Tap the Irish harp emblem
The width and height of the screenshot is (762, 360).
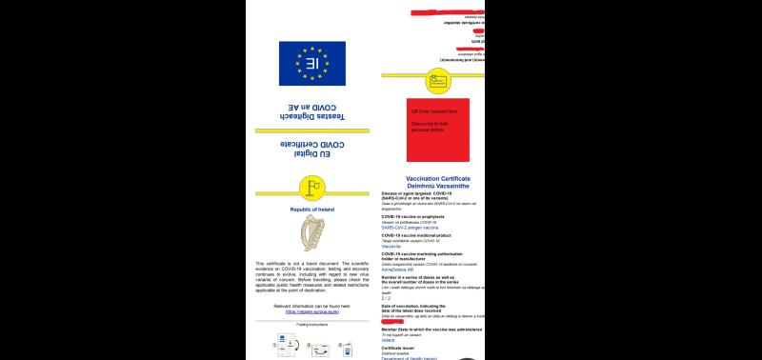[312, 233]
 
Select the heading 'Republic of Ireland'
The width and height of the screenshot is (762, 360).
[312, 208]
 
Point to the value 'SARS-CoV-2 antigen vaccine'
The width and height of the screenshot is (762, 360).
[410, 229]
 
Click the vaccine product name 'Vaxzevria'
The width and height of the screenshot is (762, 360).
[393, 247]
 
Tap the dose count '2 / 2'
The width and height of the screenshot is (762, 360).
[386, 297]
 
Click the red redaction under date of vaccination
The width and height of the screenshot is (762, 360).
[393, 319]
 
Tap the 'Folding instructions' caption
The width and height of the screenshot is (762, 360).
[311, 325]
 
